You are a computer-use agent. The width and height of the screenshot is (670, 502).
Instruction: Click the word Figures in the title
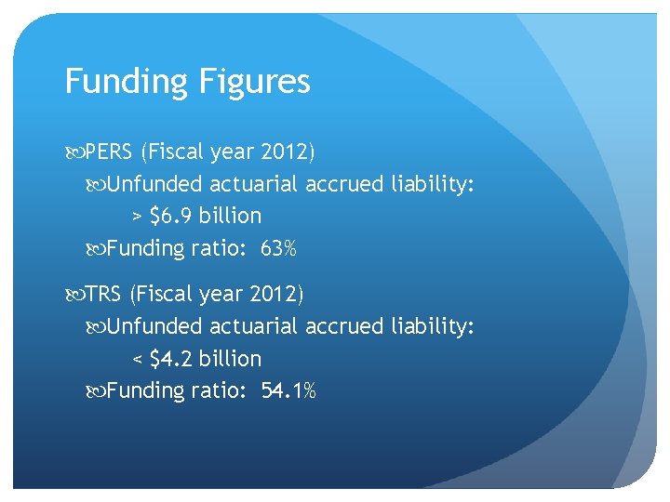[x=252, y=82]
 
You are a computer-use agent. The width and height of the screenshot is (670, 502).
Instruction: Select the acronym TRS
[x=104, y=295]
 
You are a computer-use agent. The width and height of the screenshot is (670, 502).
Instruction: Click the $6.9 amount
[x=169, y=216]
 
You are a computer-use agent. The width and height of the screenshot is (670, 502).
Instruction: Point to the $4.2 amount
[x=169, y=359]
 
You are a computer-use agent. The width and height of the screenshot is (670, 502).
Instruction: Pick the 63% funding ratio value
[x=278, y=248]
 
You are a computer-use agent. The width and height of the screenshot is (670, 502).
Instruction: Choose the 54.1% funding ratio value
[x=289, y=391]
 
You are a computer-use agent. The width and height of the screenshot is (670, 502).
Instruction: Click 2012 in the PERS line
[x=285, y=152]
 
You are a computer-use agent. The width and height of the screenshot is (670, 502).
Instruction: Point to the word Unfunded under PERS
[x=154, y=184]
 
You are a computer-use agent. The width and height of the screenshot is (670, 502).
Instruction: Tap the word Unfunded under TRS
[x=154, y=327]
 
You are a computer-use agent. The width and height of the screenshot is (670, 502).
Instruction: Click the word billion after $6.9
[x=228, y=216]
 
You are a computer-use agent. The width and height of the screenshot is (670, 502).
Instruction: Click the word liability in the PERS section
[x=433, y=184]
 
